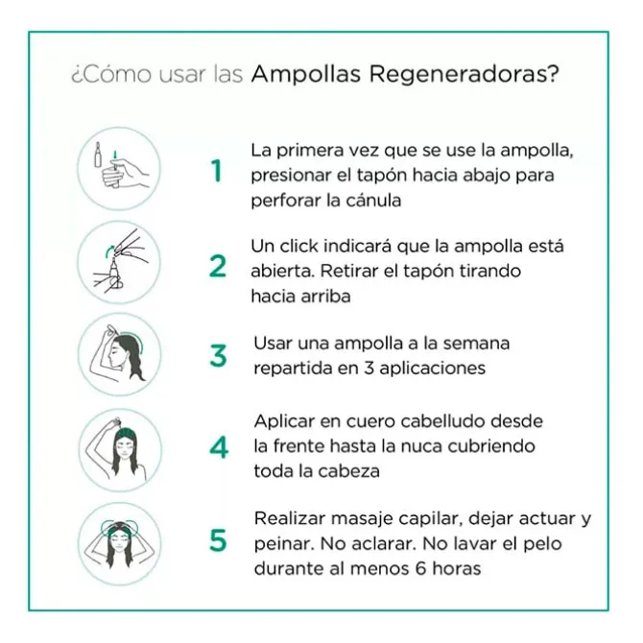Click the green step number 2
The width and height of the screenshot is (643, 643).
218,267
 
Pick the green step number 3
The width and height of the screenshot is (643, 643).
218,355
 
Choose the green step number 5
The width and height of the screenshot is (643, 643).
218,541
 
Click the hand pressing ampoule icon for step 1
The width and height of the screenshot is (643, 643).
118,169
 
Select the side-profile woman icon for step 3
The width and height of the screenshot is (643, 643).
118,354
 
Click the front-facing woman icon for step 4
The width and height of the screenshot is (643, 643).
118,447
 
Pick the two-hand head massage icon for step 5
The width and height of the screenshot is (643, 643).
118,541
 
